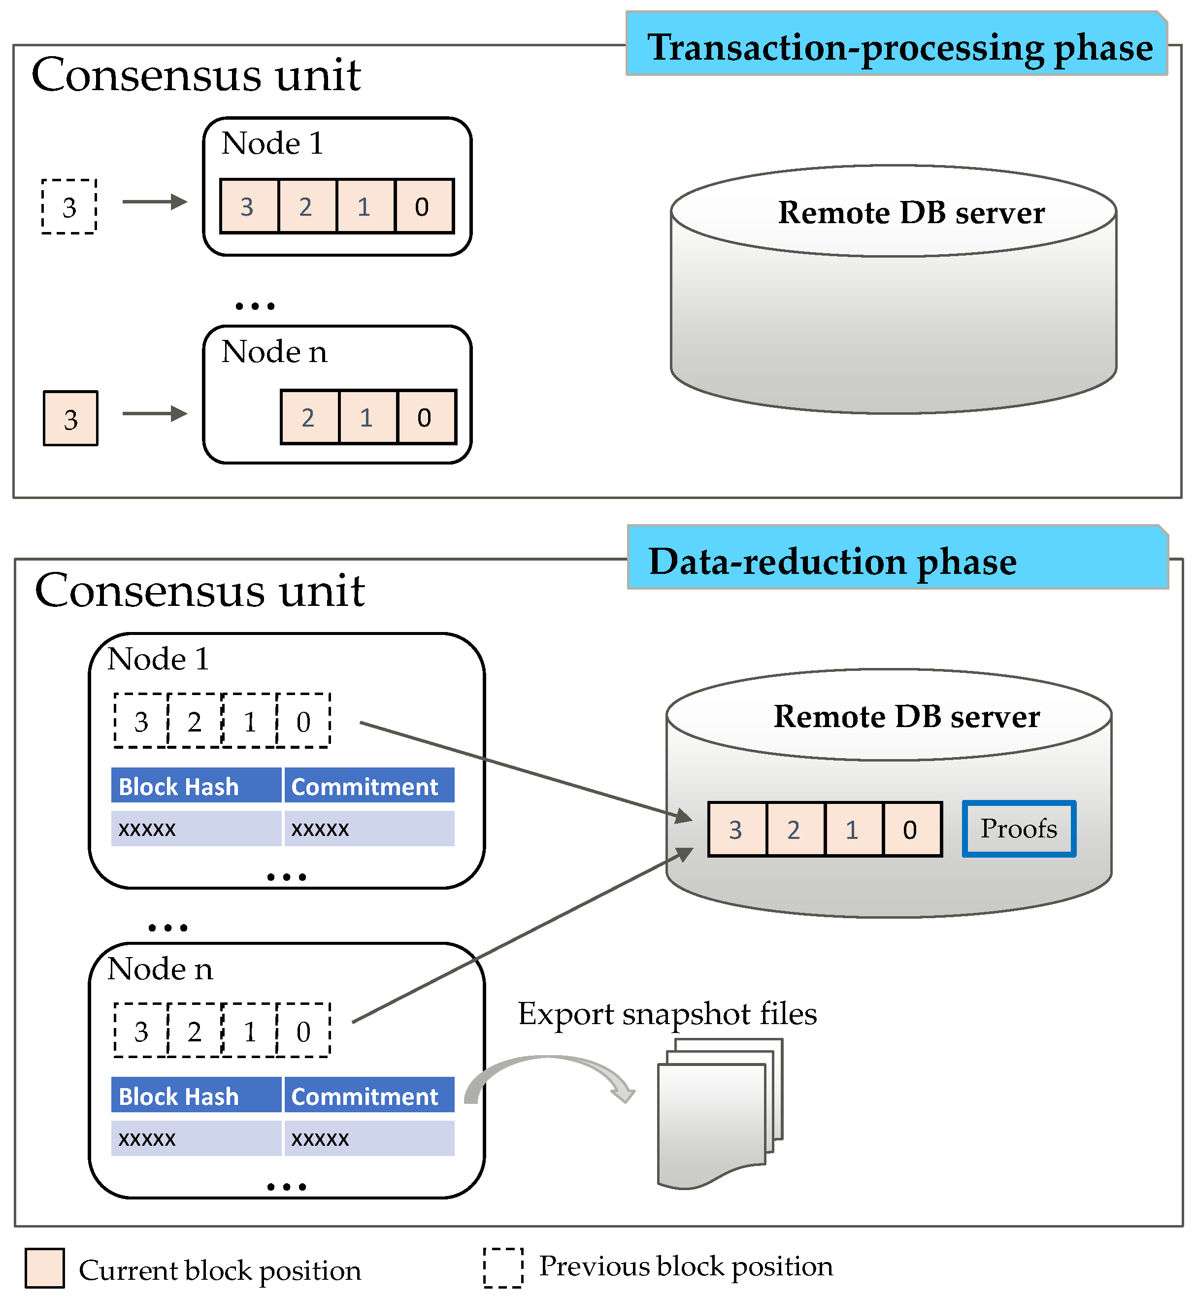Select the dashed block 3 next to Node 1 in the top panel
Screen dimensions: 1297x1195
coord(69,207)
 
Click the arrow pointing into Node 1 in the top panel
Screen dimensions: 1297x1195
coord(155,202)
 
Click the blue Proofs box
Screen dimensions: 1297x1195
coord(1019,830)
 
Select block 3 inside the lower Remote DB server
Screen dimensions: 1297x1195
coord(736,830)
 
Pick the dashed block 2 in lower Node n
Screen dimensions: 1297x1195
coord(195,1032)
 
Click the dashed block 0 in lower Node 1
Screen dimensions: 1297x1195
coord(303,722)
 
